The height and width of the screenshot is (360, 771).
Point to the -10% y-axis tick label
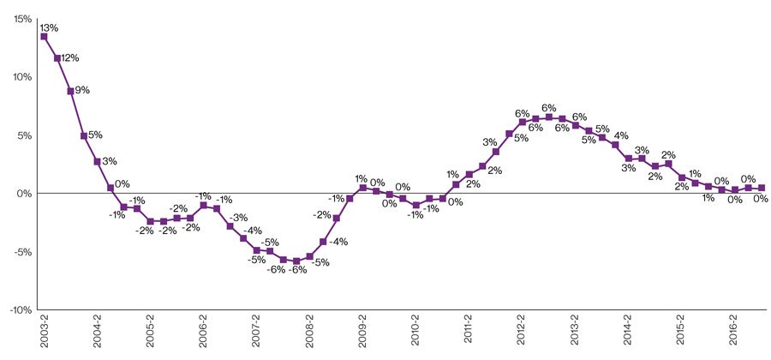pyautogui.click(x=21, y=309)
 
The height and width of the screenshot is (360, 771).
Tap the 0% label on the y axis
pyautogui.click(x=25, y=193)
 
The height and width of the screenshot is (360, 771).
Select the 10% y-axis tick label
pyautogui.click(x=22, y=76)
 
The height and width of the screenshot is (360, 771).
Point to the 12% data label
pyautogui.click(x=70, y=58)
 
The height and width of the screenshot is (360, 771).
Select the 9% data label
pyautogui.click(x=82, y=89)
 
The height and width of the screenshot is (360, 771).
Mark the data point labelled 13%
pyautogui.click(x=44, y=36)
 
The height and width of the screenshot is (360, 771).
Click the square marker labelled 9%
pyautogui.click(x=70, y=91)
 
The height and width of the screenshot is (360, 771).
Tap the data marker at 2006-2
pyautogui.click(x=203, y=206)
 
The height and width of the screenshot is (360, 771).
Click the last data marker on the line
pyautogui.click(x=762, y=188)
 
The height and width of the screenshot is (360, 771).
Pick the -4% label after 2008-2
pyautogui.click(x=339, y=242)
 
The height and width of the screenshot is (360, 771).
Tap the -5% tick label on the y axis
pyautogui.click(x=23, y=251)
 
